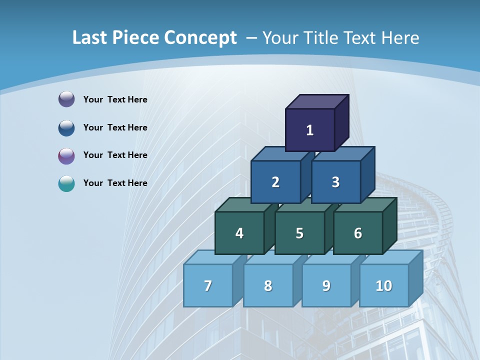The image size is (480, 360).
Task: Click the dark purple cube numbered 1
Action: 310,130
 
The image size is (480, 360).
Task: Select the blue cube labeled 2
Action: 275,182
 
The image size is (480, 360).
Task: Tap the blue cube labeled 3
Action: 335,182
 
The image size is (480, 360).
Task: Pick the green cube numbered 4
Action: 239,233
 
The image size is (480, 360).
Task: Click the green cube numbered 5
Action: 299,233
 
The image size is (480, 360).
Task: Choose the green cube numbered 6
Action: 358,233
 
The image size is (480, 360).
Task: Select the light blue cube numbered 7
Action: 208,285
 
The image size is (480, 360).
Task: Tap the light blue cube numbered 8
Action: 268,285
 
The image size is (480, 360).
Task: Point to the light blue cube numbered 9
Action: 326,285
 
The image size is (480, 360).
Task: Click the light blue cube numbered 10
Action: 384,285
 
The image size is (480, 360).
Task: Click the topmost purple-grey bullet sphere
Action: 66,99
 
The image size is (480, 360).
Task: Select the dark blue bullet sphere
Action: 66,127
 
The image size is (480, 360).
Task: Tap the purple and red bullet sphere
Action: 66,155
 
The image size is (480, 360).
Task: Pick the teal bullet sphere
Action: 66,183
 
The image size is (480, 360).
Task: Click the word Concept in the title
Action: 200,38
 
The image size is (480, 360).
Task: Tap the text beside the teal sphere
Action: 115,183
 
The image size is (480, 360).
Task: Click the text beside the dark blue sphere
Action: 115,127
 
